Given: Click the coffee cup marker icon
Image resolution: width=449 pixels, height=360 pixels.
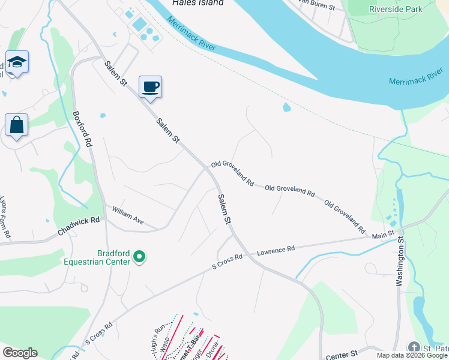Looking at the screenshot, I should [x=150, y=86].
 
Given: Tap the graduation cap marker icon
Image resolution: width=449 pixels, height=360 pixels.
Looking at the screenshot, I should [x=17, y=62].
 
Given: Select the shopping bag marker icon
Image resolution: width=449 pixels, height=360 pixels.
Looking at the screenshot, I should [x=17, y=125].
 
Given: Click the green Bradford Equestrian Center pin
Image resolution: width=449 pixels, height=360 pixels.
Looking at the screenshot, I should [x=139, y=257].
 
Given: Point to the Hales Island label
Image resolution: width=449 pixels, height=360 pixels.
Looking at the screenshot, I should [x=197, y=3].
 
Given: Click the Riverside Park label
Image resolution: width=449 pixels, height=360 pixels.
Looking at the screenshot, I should [x=396, y=9].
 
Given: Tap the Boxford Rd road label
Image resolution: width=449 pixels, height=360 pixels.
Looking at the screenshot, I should [x=83, y=129].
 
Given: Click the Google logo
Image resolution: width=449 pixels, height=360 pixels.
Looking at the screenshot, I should [x=20, y=353].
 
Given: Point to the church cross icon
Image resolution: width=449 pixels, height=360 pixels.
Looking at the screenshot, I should [x=414, y=347].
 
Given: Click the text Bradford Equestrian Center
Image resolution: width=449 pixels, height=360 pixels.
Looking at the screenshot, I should [x=97, y=257].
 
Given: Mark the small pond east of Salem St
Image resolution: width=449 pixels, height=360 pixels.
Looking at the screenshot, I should [x=286, y=108].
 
